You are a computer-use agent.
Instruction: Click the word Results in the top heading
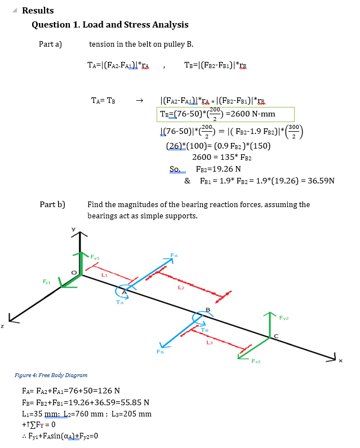(x=38, y=11)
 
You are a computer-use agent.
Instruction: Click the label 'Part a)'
(x=50, y=44)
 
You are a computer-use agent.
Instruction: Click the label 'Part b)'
(x=52, y=204)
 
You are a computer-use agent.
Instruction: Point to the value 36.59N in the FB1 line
(x=321, y=181)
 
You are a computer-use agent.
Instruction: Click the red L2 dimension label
(x=181, y=289)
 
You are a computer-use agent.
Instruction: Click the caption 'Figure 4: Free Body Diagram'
(x=51, y=375)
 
